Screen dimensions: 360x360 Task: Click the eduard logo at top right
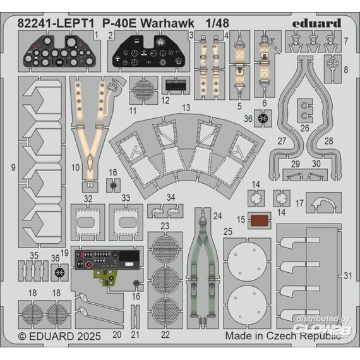coord(316,23)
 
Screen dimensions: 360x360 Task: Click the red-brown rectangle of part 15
coord(260,220)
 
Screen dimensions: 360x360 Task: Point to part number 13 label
coord(186,107)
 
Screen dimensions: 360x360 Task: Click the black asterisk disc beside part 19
coord(60,272)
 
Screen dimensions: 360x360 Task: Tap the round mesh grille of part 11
coord(144,90)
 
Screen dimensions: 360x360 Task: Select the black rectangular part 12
coord(176,86)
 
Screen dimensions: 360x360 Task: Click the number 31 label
coord(348,276)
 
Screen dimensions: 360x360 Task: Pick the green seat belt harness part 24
coord(203,264)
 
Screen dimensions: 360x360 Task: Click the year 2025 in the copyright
coord(89,337)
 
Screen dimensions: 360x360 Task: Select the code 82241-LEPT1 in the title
coord(56,23)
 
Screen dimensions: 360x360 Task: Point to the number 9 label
coord(13,167)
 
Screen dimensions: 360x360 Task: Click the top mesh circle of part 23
coord(165,249)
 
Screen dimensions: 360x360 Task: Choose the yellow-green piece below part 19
coord(106,278)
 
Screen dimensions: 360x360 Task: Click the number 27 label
coord(282,141)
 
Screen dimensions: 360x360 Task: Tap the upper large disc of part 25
coord(247,260)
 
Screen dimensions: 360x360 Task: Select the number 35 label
coord(34,256)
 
